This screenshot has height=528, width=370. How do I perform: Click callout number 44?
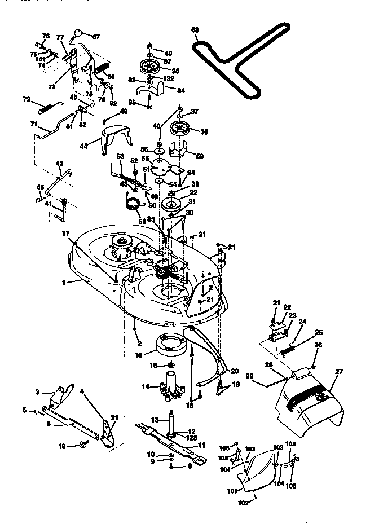point(83,145)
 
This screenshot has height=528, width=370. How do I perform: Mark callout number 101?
point(231,490)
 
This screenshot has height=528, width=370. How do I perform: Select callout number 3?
point(37,391)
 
